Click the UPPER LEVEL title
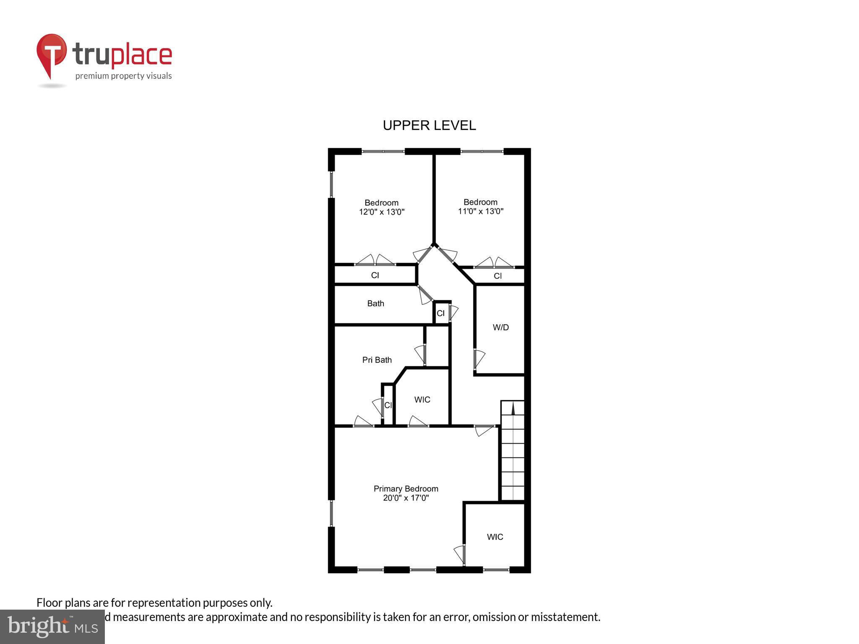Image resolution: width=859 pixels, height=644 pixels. tap(429, 125)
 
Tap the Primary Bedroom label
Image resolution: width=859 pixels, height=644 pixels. tap(406, 488)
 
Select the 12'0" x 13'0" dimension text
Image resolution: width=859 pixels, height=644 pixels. tap(381, 212)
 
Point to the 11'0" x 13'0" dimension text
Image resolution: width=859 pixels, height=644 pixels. tap(480, 211)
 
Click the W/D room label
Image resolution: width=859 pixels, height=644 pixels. tap(500, 327)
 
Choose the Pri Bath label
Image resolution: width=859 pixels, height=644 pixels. tap(377, 360)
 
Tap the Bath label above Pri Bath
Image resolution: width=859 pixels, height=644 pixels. tap(375, 304)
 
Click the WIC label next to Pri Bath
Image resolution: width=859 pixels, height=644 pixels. tap(422, 400)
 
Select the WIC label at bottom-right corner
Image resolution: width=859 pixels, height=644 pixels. tap(495, 537)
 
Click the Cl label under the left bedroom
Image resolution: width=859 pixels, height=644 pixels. tap(375, 275)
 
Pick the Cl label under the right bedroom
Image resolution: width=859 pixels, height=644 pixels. tap(497, 276)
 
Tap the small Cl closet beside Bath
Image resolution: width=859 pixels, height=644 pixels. tap(440, 313)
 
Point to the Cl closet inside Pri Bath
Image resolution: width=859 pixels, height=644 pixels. tap(388, 405)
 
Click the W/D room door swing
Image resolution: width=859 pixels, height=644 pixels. tap(479, 358)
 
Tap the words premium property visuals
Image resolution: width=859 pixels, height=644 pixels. tap(123, 76)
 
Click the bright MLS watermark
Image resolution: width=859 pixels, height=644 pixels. tap(52, 626)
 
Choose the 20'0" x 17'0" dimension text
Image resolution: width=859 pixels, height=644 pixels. tap(406, 498)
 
